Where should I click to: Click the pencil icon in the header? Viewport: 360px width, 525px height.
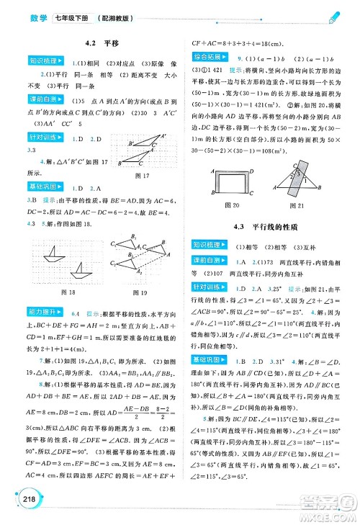pyautogui.click(x=333, y=16)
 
